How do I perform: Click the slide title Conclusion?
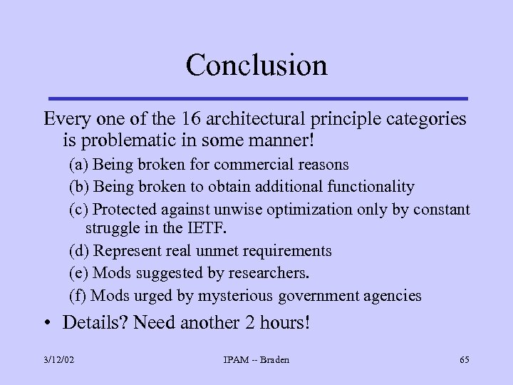(256, 65)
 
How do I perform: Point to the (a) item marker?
(78, 165)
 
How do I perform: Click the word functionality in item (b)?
(371, 187)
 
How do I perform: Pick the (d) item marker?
(79, 251)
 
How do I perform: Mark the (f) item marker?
(78, 295)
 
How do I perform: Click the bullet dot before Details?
(46, 323)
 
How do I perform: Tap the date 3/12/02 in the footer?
(58, 360)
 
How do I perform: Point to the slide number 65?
(464, 360)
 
